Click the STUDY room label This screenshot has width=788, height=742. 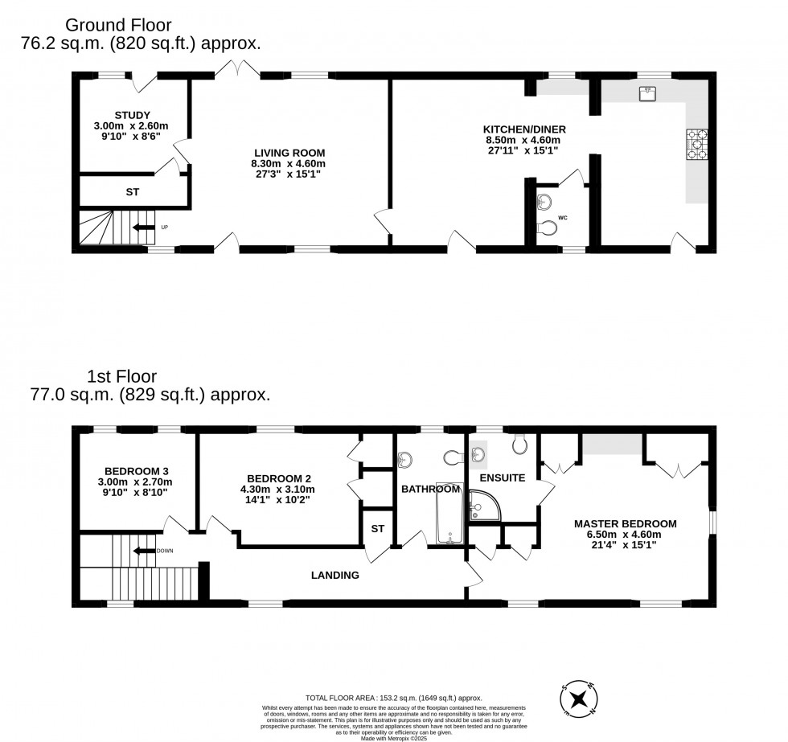click(133, 115)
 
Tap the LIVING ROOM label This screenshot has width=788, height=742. click(289, 153)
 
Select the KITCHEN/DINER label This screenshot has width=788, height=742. click(524, 129)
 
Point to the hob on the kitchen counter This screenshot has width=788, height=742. click(696, 145)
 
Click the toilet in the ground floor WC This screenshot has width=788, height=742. click(546, 228)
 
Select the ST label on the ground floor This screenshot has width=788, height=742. click(133, 192)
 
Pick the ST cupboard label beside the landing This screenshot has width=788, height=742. click(377, 528)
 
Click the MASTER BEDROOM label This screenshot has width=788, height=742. click(625, 523)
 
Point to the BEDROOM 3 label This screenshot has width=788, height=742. click(136, 471)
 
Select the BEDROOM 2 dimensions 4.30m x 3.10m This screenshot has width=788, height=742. click(277, 489)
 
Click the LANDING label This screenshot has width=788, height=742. click(335, 575)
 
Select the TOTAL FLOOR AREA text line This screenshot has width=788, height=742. click(393, 697)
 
